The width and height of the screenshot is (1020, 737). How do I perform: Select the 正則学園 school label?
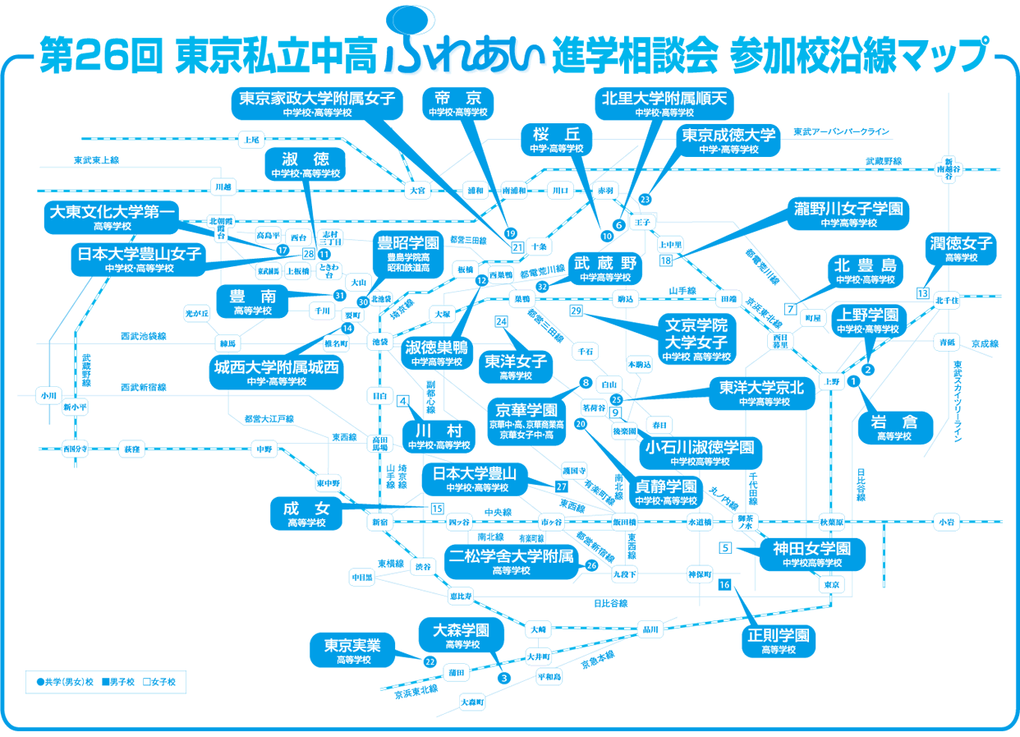[x=779, y=641]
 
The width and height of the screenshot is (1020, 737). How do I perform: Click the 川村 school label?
[x=439, y=436]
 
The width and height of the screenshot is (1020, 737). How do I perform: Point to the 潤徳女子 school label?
[x=961, y=248]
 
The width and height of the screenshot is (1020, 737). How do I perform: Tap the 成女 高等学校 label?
[x=306, y=514]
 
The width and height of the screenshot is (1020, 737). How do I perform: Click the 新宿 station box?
[x=379, y=522]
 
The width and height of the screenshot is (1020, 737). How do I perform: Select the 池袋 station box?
[x=379, y=341]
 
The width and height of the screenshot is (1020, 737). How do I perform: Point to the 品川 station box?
[x=650, y=630]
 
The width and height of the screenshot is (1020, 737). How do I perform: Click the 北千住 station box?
[x=947, y=301]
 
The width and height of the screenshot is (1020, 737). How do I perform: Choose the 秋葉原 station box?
[x=831, y=522]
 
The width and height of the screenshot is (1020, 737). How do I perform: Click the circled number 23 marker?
[x=645, y=200]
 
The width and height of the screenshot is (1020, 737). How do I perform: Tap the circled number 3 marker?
[x=504, y=678]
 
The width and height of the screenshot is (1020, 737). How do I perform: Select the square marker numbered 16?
[x=724, y=585]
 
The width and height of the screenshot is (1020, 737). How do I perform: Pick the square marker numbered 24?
[x=501, y=321]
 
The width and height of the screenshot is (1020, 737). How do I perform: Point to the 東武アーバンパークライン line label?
[x=841, y=131]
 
